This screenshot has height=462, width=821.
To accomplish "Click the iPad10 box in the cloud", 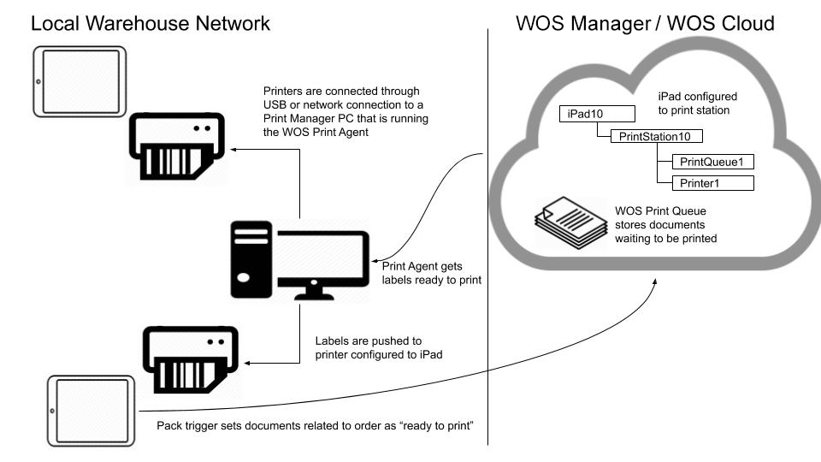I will point(596,114).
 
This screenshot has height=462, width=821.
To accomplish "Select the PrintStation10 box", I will point(655,136).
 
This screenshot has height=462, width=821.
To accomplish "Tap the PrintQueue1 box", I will point(712,161).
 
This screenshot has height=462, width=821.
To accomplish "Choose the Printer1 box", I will point(712,183).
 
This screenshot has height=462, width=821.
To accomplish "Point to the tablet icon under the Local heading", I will point(80,81).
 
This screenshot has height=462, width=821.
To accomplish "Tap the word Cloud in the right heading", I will point(742,23).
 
